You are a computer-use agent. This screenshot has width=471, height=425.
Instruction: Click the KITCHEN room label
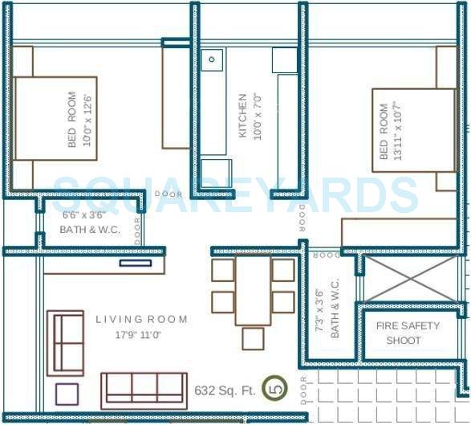pos(243,116)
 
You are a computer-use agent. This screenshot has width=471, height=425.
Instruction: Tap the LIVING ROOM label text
pos(141,320)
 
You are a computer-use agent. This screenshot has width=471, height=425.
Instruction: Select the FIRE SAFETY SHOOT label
pos(408,333)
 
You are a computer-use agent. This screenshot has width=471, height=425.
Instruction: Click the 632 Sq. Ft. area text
pos(225,390)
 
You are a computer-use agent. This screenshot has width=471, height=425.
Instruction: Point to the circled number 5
pos(276,389)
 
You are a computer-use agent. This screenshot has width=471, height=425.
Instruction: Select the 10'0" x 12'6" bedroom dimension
pos(87,118)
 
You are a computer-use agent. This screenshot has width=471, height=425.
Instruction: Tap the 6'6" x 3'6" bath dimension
pos(83,215)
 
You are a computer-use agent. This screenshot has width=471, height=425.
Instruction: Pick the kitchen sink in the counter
pos(213,59)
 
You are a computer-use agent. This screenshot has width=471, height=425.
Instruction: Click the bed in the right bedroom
pos(414,130)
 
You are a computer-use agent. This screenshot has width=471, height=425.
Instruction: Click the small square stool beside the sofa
pos(67,393)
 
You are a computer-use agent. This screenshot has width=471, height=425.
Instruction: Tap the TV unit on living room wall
pos(135,263)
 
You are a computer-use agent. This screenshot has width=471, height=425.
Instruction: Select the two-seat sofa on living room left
pos(66,343)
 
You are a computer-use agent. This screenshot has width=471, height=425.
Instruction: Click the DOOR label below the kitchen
pos(169,194)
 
